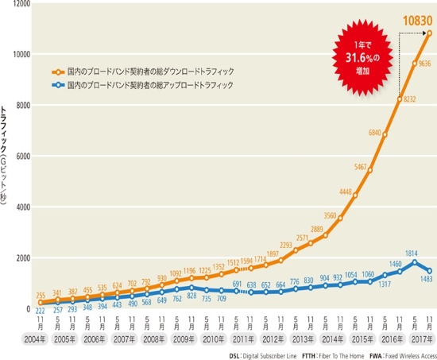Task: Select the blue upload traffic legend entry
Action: pos(138,83)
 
